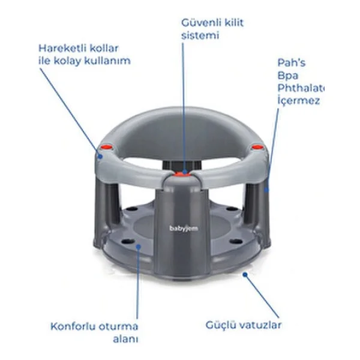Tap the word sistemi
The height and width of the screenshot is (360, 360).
200,35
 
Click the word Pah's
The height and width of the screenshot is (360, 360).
292,62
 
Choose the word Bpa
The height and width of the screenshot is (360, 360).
287,76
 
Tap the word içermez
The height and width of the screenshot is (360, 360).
298,101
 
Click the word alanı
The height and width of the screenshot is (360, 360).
125,339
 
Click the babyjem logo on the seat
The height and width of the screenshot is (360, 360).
184,229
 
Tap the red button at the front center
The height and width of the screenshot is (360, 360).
182,174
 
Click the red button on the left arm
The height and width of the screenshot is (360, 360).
107,147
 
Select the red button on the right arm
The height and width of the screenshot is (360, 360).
257,147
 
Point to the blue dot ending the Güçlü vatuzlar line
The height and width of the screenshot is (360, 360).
245,274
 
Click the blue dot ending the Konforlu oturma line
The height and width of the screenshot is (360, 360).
138,247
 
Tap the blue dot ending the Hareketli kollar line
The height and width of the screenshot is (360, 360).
100,157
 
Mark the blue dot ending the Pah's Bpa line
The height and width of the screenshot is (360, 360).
266,190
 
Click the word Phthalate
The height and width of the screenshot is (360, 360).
301,88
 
